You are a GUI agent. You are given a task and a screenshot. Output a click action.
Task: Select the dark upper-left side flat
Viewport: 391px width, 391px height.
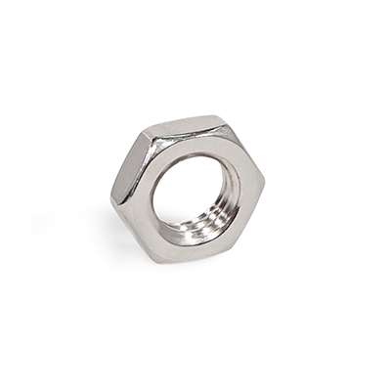pos(126,165)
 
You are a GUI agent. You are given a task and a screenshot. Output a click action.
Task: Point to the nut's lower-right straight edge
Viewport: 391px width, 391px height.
pos(248,223)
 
